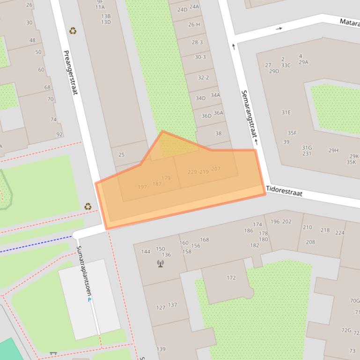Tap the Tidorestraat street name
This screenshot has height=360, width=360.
(284, 190)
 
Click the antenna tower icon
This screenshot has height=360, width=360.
(161, 264)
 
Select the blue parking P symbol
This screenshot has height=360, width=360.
(89, 300)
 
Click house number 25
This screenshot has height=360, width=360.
(122, 155)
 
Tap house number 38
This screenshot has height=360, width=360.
(218, 134)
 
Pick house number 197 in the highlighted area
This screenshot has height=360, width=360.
(142, 187)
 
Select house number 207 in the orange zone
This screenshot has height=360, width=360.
(216, 169)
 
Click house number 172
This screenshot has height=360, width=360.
(231, 278)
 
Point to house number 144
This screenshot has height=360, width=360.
(146, 252)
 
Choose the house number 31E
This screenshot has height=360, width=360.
(286, 113)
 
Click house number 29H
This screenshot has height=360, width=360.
(333, 151)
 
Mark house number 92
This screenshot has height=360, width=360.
(59, 135)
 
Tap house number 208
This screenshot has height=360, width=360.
(310, 242)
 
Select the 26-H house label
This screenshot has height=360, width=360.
(194, 25)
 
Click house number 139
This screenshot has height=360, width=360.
(161, 349)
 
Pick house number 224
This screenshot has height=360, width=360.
(339, 232)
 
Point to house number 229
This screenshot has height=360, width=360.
(192, 172)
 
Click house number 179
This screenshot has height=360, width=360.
(166, 178)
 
